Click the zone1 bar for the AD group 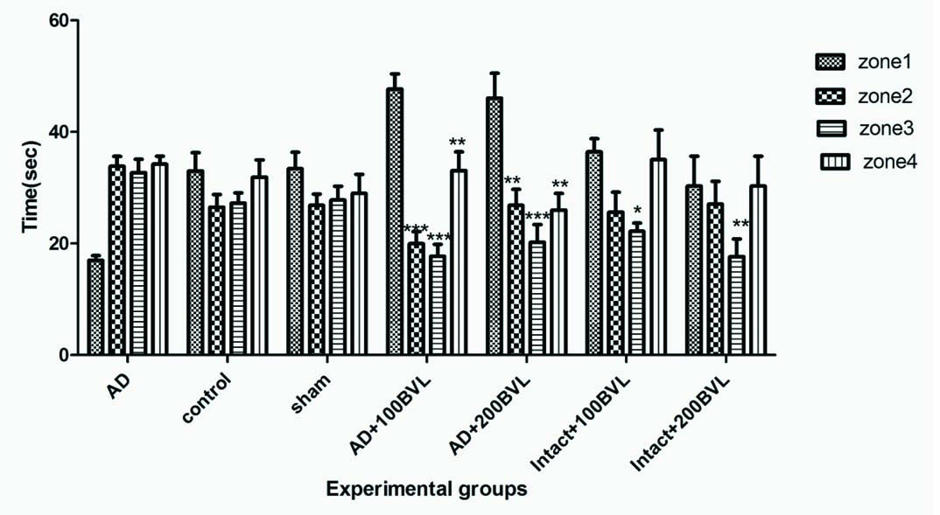click(95, 307)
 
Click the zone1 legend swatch click(828, 61)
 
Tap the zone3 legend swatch click(828, 129)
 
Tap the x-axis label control click(208, 396)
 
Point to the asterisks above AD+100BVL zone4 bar click(459, 143)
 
